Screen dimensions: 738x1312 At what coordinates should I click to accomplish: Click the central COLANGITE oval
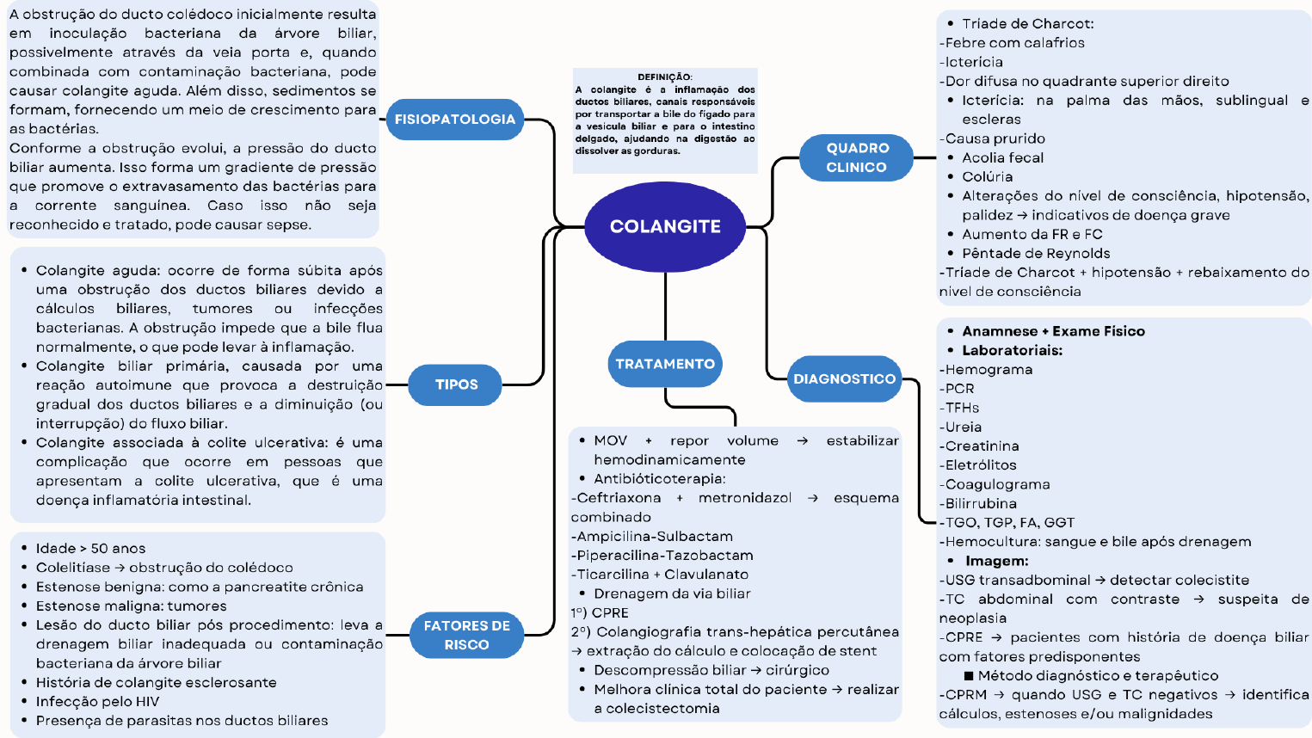(x=665, y=226)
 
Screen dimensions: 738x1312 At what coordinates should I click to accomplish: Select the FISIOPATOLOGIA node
(x=454, y=120)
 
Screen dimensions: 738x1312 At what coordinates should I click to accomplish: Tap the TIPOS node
(x=456, y=384)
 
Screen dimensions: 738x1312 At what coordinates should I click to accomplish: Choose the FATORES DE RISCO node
(x=466, y=635)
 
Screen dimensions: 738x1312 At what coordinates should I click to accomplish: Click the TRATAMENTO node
(x=665, y=364)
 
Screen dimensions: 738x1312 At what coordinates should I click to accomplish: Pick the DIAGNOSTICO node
(x=844, y=379)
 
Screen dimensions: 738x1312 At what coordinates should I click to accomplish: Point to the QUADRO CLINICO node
(x=857, y=157)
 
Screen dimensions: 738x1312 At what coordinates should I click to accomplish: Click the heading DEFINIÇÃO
(x=664, y=77)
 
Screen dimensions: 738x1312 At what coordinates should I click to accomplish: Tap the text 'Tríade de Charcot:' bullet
(x=1027, y=24)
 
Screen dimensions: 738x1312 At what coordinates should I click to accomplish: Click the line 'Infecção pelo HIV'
(x=97, y=702)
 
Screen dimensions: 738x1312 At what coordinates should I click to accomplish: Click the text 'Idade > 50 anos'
(x=90, y=549)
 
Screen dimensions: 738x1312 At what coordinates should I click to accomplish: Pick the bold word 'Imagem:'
(x=996, y=561)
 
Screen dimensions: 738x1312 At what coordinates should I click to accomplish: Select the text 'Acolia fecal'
(x=1002, y=158)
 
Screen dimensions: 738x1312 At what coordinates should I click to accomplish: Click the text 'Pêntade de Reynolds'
(x=1036, y=254)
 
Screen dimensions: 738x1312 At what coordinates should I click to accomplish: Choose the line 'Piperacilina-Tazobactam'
(x=665, y=556)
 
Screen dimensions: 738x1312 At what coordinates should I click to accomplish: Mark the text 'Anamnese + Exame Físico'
(x=1053, y=331)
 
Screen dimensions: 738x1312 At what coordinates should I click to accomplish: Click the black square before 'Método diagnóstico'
(x=969, y=676)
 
